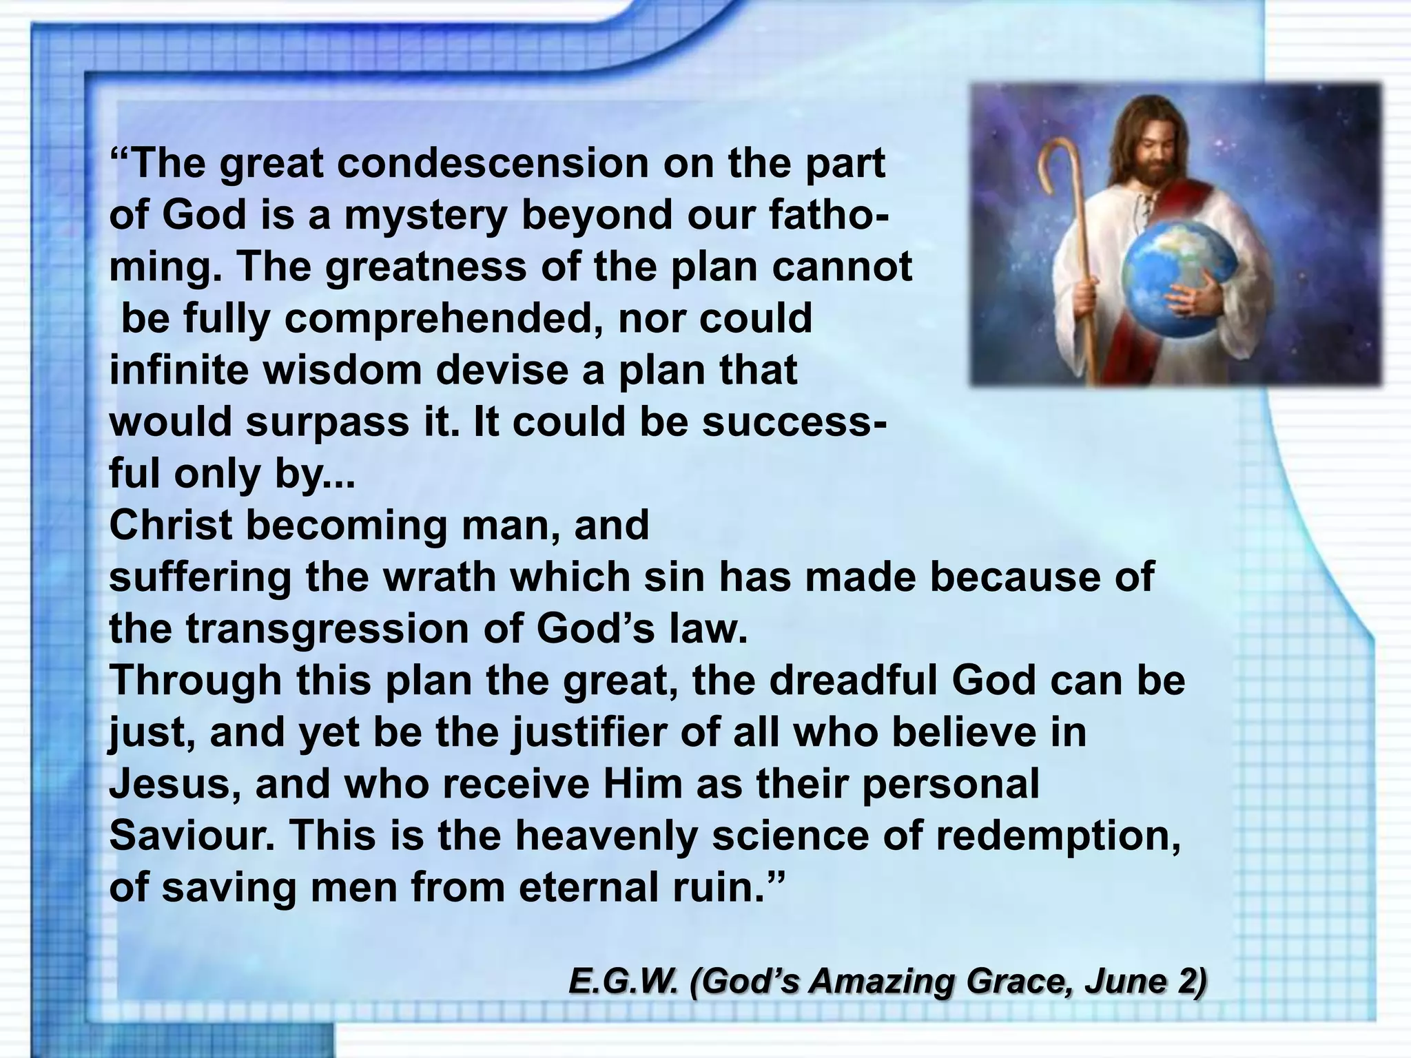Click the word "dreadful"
[854, 681]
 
